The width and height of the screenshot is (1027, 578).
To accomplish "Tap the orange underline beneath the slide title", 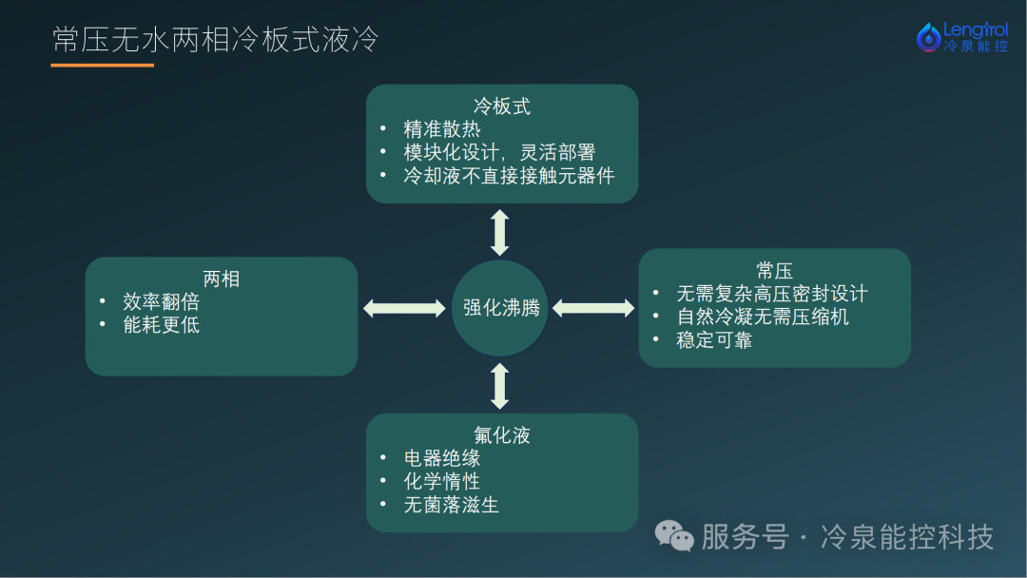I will tap(102, 65).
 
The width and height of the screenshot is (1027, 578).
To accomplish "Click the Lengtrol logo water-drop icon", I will tap(927, 37).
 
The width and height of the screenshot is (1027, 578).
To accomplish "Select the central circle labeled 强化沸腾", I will tap(500, 308).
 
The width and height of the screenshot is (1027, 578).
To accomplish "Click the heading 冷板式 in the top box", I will tap(502, 106).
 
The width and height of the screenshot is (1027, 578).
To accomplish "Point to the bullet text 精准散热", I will tap(442, 129).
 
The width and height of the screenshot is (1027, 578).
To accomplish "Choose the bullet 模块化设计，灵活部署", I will tap(499, 152).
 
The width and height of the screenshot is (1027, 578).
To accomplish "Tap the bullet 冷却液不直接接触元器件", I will tap(509, 176).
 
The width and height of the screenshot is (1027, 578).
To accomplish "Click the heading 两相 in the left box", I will tap(222, 279).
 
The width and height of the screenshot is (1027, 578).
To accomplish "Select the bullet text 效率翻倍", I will tap(161, 301).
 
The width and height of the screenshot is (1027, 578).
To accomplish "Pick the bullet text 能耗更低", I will tap(161, 325).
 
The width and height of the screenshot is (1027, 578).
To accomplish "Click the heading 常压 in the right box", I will tap(775, 271).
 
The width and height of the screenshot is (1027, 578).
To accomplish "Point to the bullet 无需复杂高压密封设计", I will tap(771, 294).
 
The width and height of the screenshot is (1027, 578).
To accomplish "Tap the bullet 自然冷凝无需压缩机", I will tap(763, 317).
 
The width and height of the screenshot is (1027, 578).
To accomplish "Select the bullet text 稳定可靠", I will tap(714, 339).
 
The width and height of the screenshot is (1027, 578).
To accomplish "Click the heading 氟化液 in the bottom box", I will tap(502, 435).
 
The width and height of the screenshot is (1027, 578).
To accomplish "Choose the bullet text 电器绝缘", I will tap(442, 458).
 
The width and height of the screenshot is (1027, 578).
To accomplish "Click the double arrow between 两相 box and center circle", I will tap(404, 308).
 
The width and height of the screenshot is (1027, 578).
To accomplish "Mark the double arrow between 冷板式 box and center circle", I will tap(500, 232).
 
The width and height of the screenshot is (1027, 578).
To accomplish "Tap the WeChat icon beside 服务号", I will tap(673, 536).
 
